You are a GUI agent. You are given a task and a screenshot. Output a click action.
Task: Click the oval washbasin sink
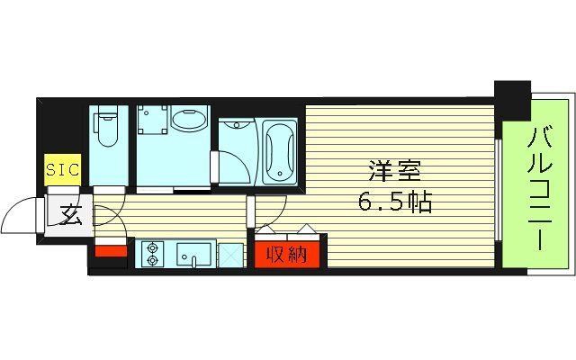click(188, 121)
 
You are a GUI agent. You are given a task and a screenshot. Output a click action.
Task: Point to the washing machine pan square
click(154, 122)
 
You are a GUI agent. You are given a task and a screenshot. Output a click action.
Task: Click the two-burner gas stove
click(152, 254)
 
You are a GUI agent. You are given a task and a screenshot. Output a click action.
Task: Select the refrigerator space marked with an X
click(231, 255)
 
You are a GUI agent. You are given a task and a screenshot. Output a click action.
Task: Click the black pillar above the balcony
click(512, 99)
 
